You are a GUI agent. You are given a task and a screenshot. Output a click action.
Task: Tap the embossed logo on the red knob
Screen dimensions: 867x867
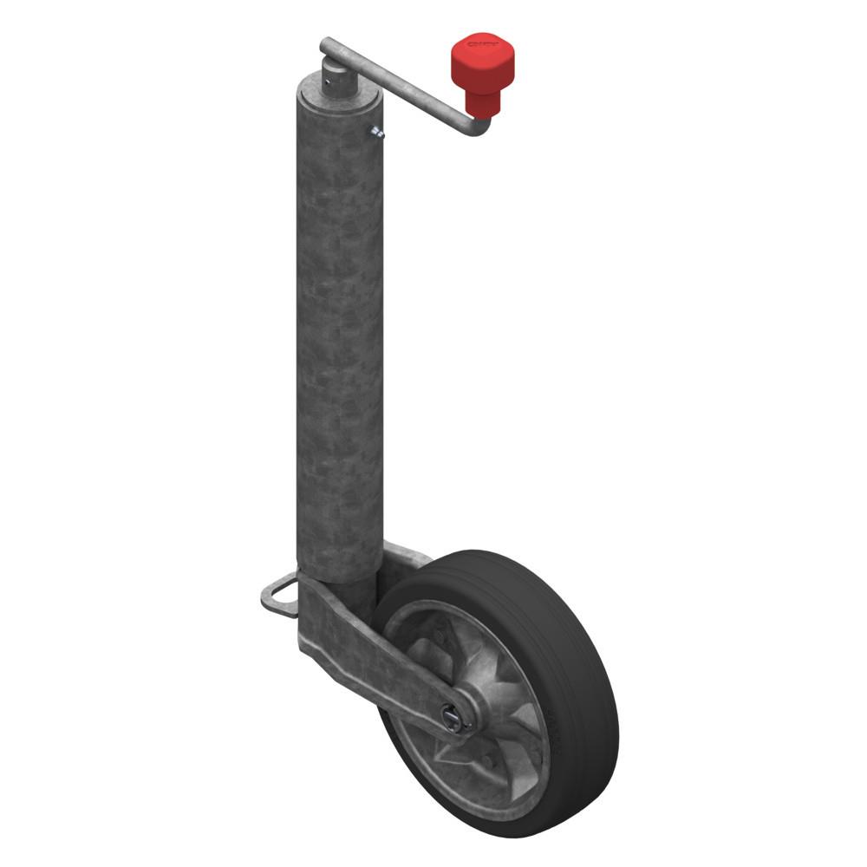click(x=480, y=43)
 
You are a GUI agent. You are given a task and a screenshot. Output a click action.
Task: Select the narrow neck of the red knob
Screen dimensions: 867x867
click(x=483, y=103)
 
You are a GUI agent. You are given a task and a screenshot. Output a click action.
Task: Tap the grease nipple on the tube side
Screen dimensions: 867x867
click(x=377, y=132)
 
